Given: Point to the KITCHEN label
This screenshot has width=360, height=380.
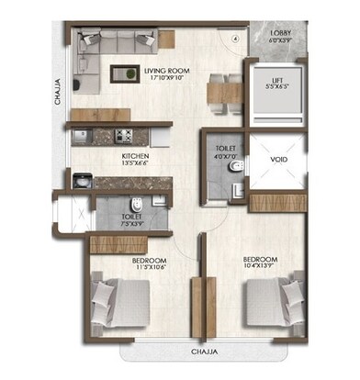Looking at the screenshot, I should pos(136,157).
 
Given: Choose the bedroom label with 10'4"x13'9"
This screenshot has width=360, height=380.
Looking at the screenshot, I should pos(260,262).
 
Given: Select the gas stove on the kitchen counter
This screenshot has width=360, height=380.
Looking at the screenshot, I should pos(123,137).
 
